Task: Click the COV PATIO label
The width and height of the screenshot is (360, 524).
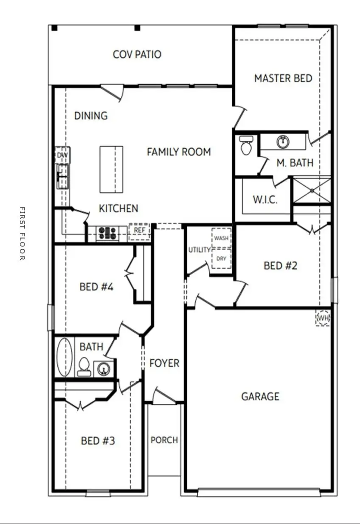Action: [137, 54]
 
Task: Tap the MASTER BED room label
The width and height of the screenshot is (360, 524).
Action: [283, 79]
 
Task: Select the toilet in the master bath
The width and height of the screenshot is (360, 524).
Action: [246, 145]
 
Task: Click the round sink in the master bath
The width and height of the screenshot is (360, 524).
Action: [283, 141]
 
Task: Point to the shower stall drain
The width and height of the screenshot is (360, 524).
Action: [312, 191]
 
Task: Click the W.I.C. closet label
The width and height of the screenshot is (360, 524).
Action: [265, 200]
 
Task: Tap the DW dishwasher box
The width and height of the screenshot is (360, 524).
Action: [62, 155]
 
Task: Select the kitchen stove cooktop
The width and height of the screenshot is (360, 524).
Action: [107, 233]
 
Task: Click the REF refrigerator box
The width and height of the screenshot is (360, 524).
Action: [139, 231]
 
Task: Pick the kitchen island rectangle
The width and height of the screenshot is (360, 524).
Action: [111, 169]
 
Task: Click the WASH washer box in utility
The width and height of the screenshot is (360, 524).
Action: [221, 238]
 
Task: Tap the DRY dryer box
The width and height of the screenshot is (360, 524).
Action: [221, 259]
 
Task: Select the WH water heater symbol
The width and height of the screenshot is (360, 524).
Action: [323, 318]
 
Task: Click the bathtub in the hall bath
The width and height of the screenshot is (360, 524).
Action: [65, 357]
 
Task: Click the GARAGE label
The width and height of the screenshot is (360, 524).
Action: [260, 397]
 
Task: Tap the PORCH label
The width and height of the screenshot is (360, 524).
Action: [164, 440]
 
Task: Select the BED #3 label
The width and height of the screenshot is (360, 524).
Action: [98, 441]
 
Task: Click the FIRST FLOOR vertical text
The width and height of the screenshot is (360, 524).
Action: [22, 234]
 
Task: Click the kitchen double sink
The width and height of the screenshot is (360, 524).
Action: [63, 176]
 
